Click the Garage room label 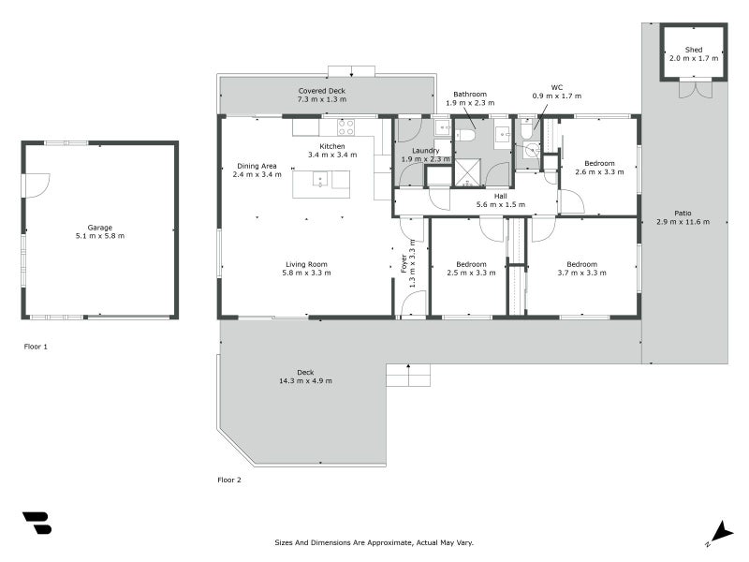(99, 227)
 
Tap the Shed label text (694, 49)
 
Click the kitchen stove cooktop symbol (345, 126)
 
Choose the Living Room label (305, 264)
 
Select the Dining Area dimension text (257, 174)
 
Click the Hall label (500, 196)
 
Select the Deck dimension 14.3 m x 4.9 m (305, 381)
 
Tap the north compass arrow (720, 531)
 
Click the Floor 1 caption (36, 347)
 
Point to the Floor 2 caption (229, 480)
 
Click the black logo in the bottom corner (37, 523)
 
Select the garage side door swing (36, 185)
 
